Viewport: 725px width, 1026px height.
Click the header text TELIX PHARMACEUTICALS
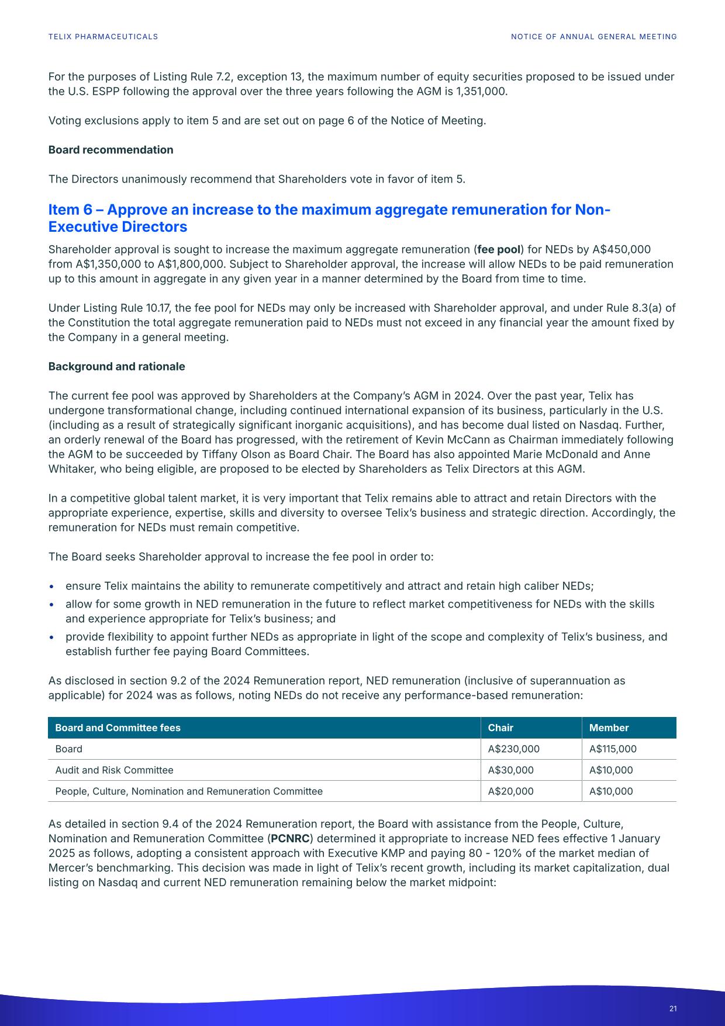103,37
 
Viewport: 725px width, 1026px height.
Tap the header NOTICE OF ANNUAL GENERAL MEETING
593,37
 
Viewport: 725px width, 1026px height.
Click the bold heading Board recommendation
111,150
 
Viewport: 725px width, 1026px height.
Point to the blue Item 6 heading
329,218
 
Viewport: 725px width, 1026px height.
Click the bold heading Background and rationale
116,366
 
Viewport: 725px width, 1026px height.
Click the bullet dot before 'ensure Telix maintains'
53,586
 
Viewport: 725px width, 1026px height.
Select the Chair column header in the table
500,728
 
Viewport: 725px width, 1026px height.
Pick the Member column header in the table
609,728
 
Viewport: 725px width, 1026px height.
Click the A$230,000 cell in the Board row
513,749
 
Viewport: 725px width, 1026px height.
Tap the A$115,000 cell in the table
613,749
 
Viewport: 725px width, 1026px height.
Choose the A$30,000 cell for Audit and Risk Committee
510,770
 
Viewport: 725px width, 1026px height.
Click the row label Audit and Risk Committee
114,770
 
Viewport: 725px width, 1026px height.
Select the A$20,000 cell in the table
510,791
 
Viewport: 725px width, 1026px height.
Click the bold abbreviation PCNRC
290,839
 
